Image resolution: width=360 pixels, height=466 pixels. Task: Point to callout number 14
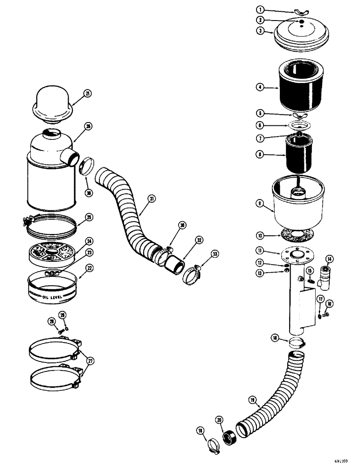click(330, 259)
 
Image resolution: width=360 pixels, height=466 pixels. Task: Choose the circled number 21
click(88, 94)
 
